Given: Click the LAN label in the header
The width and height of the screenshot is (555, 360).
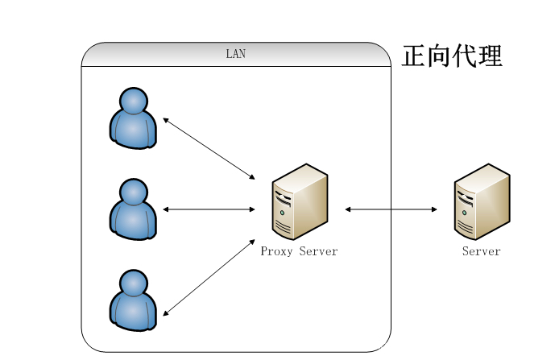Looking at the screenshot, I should pos(236,55).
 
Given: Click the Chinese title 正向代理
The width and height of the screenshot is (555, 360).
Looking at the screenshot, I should pos(452,56).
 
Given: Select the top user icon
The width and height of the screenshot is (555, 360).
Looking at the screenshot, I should pos(133,118).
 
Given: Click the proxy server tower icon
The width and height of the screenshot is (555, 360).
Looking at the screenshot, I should pos(300,201).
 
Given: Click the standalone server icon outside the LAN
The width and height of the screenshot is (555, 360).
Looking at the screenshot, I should pos(482,201).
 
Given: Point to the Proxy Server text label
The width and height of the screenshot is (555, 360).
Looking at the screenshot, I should pos(299,251).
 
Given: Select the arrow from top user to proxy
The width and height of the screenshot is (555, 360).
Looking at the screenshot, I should pos(209,148).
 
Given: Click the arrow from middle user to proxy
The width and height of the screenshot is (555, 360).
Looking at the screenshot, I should pos(209,209).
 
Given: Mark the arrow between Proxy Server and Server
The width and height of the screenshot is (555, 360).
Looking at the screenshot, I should pos(391,209).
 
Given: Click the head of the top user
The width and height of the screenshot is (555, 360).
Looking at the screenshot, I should pos(134,101).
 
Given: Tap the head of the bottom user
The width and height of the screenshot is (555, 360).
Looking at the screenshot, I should pos(134,283).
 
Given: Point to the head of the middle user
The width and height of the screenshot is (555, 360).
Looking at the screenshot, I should pos(134,192).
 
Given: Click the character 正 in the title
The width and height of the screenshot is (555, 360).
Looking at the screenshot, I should pos(414,56).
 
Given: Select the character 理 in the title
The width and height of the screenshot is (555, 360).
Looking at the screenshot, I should pos(490,56).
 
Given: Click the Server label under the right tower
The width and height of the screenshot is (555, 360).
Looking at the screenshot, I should pos(482,251).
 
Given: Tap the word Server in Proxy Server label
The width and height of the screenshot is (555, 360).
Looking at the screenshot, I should pos(318,251).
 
